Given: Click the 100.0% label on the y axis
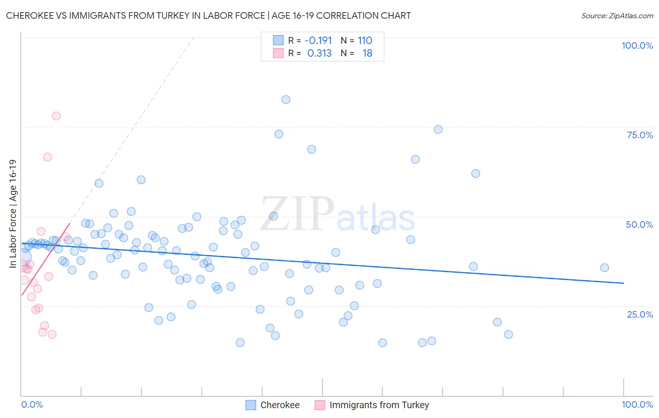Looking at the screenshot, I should [637, 45].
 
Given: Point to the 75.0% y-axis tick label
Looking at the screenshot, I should [640, 135].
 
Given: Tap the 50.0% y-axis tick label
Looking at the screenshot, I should [639, 224].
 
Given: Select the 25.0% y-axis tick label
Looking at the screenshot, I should [640, 314].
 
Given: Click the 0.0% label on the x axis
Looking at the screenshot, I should [32, 404].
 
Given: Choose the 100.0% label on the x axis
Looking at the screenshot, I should [637, 404].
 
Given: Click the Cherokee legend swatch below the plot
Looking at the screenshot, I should [251, 405].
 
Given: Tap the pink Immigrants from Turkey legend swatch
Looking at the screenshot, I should [320, 405].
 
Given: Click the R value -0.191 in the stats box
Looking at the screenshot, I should [318, 40].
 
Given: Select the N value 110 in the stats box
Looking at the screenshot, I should [365, 40].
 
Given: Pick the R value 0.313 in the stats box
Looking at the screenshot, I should [319, 53].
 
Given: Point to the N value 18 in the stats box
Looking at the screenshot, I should [367, 53].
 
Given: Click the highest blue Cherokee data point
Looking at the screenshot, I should [286, 99].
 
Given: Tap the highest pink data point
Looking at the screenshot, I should [56, 116].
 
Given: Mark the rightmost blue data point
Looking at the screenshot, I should [605, 268].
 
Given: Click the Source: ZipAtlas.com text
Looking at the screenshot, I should [617, 15].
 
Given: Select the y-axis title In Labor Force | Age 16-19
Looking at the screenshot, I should [13, 214].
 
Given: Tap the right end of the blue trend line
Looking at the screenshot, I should [623, 283].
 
